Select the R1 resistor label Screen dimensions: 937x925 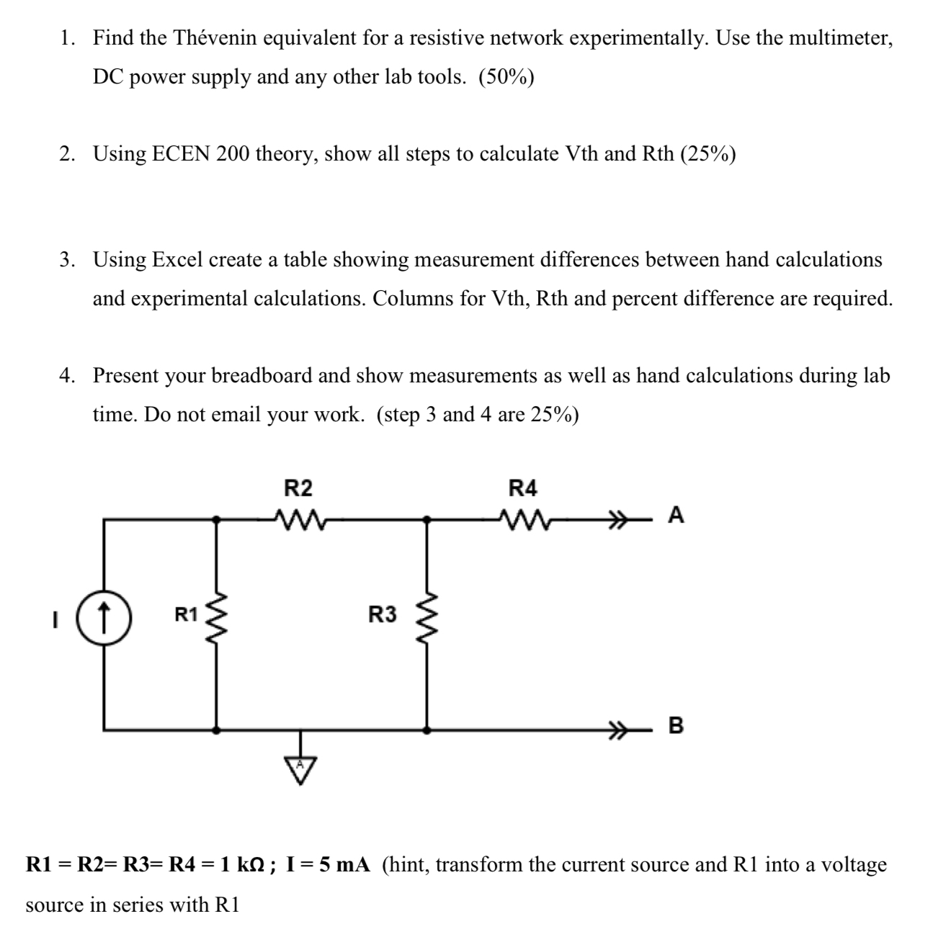[187, 615]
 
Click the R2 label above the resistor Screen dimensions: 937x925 [298, 489]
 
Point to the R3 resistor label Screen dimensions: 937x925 [382, 615]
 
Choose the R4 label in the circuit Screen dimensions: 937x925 [523, 489]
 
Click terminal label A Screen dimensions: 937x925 [676, 515]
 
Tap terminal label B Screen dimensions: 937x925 [676, 725]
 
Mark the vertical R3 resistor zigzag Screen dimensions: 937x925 [428, 616]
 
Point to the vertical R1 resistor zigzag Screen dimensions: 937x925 [217, 616]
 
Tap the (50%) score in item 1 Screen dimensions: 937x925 [506, 77]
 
